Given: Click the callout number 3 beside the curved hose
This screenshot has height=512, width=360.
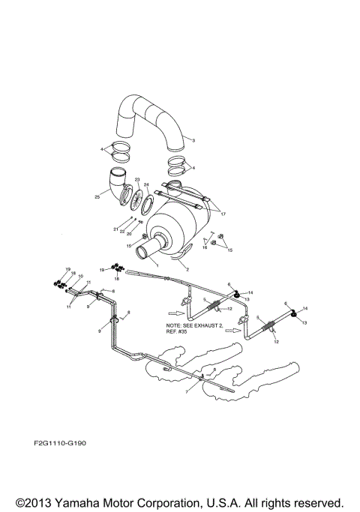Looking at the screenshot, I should pyautogui.click(x=193, y=140).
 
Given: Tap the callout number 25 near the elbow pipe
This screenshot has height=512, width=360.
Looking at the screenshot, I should pyautogui.click(x=97, y=197).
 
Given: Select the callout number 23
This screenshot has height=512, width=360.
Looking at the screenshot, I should pyautogui.click(x=137, y=180).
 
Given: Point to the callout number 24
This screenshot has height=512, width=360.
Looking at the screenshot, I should pyautogui.click(x=147, y=184).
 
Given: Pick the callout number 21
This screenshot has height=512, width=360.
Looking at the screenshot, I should pyautogui.click(x=116, y=229).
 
